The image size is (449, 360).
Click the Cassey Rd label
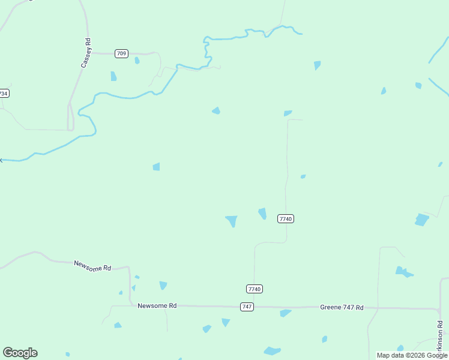click(x=86, y=53)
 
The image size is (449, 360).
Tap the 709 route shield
click(x=122, y=54)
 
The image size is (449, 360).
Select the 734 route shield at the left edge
click(x=4, y=94)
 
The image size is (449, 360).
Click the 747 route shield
click(x=247, y=307)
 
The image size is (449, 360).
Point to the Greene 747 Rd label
click(x=342, y=307)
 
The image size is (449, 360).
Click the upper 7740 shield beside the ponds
click(x=285, y=219)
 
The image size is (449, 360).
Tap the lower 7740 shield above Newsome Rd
click(x=255, y=289)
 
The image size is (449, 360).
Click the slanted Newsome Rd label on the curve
click(x=92, y=266)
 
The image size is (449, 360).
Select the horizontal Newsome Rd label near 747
click(x=157, y=305)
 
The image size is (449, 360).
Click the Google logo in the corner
click(x=20, y=353)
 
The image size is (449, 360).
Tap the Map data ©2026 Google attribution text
click(x=412, y=355)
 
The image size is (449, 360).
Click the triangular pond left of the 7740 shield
click(x=231, y=221)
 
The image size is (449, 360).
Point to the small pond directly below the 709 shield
click(x=137, y=61)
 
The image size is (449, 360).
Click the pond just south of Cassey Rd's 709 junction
click(x=113, y=76)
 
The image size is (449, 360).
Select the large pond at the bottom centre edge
click(x=272, y=351)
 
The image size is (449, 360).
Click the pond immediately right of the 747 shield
click(x=285, y=313)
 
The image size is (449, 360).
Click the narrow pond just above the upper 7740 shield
click(x=262, y=213)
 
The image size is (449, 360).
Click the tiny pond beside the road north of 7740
click(x=303, y=176)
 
